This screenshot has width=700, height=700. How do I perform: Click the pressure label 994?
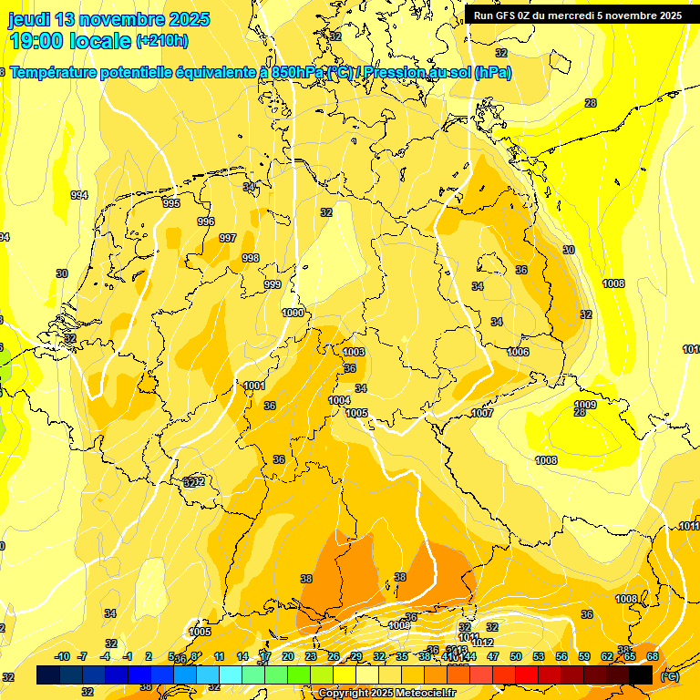[79, 195]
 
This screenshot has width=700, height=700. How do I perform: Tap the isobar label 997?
[228, 238]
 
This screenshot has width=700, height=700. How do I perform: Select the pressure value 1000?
[293, 313]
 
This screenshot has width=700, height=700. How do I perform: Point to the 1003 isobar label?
[355, 352]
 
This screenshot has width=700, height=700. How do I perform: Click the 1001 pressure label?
[254, 386]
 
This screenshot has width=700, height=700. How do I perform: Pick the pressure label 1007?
[482, 413]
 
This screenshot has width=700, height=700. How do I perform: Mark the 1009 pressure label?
[585, 405]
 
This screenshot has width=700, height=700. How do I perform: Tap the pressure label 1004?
[339, 400]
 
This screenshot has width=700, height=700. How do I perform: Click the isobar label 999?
[273, 285]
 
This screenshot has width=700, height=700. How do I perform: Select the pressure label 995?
[171, 203]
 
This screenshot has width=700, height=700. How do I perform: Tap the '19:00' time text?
[36, 41]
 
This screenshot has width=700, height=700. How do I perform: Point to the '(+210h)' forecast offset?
[162, 41]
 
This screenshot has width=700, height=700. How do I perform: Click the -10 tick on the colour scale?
[63, 656]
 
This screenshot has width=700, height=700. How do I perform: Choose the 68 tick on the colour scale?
[653, 656]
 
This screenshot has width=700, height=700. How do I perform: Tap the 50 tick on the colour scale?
[516, 656]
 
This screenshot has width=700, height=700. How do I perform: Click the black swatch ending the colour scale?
[641, 674]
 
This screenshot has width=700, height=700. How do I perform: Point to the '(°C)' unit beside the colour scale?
[668, 675]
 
